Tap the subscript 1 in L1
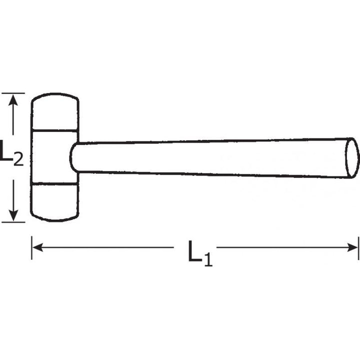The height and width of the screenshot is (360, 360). click(207, 259)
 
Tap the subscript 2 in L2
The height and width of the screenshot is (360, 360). click(17, 159)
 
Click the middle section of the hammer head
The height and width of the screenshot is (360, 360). click(50, 157)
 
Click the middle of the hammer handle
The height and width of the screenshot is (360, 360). click(210, 157)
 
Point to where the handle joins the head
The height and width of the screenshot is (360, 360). click(74, 157)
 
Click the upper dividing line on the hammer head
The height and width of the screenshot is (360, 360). click(55, 131)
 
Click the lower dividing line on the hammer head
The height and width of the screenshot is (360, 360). click(55, 183)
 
